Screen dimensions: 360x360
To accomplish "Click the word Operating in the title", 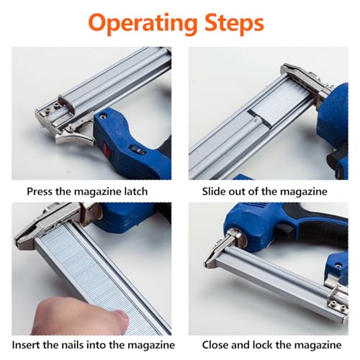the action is click(143, 24).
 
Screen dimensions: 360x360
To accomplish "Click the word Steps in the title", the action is click(234, 22).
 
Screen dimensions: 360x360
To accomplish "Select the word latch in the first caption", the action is click(136, 192).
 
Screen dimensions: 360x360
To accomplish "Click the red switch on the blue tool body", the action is click(107, 150).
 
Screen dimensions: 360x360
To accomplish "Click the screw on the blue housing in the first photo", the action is click(103, 117).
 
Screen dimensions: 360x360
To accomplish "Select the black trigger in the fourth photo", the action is click(286, 231).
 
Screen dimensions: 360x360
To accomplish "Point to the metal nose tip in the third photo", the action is click(24, 240).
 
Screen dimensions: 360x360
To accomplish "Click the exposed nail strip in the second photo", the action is click(281, 106).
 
